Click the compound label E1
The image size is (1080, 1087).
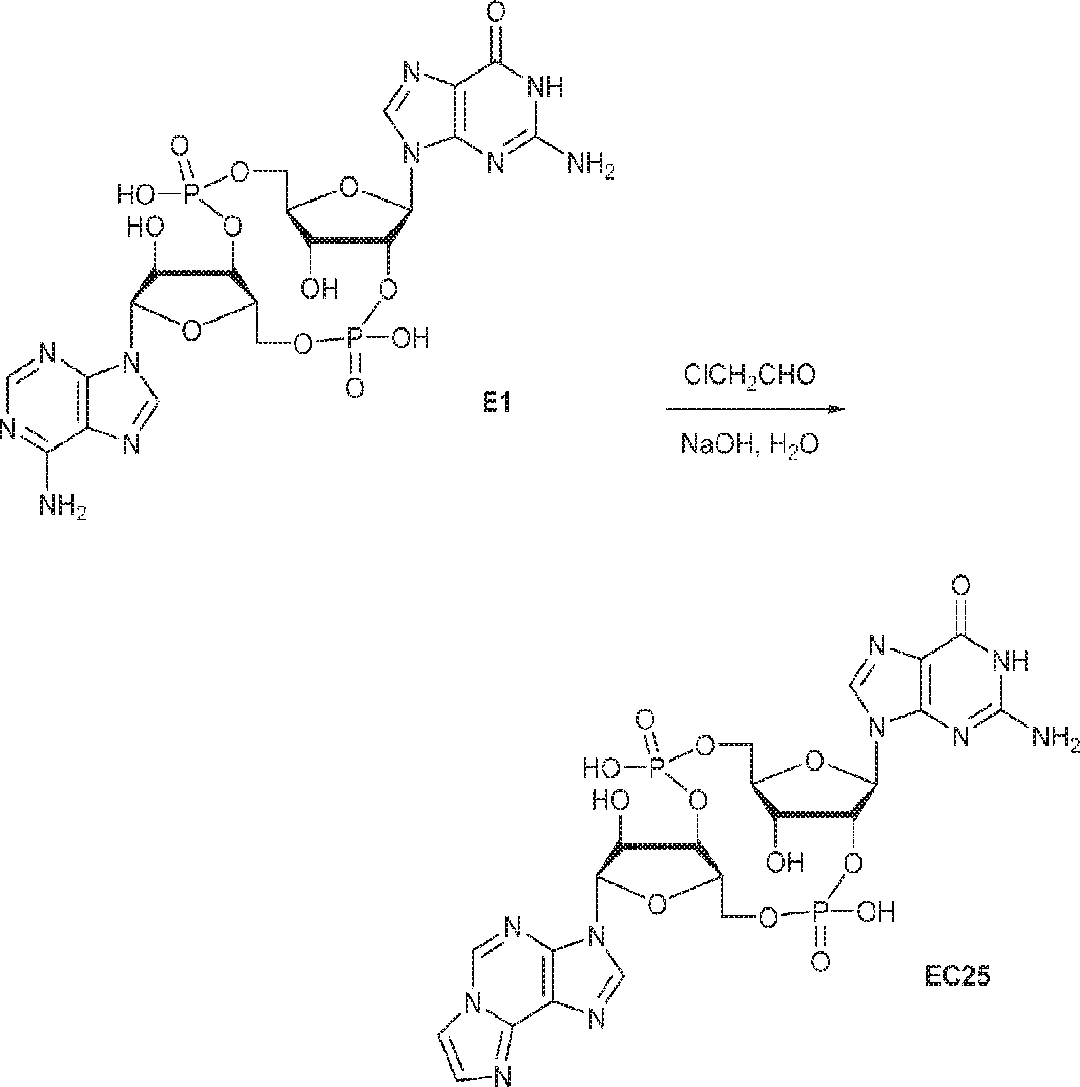coord(496,404)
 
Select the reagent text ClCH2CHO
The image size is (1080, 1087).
coord(749,375)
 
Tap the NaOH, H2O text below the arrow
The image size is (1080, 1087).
coord(750,444)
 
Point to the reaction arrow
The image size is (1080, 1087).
coord(754,409)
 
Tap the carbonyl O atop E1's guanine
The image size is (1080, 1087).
coord(497,12)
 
